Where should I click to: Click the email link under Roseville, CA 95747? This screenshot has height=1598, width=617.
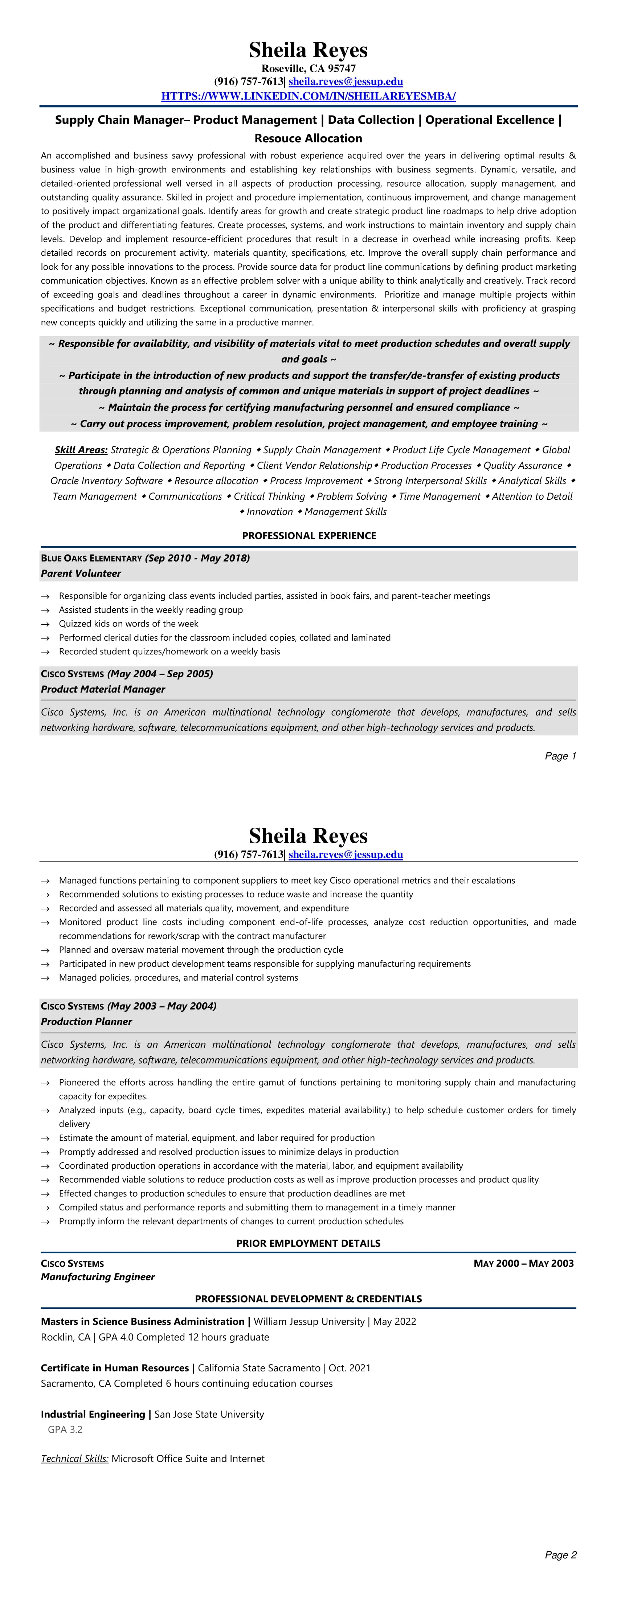tap(346, 81)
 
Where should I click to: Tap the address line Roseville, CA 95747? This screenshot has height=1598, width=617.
tap(308, 68)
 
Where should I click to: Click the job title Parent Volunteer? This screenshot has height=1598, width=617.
tap(81, 573)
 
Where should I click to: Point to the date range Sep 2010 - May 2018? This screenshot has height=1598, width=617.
tap(197, 558)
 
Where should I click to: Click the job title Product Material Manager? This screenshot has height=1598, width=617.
tap(103, 689)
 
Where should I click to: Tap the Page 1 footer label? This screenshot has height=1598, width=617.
tap(560, 755)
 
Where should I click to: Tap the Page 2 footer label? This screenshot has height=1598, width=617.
tap(560, 1554)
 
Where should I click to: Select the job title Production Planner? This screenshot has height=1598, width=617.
tap(86, 1021)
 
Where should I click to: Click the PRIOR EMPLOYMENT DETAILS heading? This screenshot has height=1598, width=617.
tap(308, 1243)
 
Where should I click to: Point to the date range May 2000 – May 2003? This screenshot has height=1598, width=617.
tap(523, 1264)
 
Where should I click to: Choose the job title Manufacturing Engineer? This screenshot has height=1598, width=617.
tap(97, 1277)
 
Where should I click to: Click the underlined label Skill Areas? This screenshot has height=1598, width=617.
tap(81, 450)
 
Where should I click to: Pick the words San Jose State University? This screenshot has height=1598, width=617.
tap(209, 1414)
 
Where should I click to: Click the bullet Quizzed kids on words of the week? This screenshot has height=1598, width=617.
tap(128, 624)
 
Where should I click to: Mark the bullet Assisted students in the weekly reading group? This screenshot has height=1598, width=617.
tap(151, 610)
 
